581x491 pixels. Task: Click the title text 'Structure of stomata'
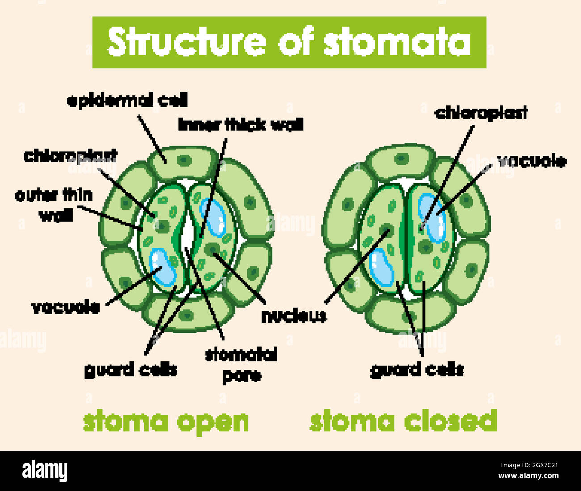[289, 42]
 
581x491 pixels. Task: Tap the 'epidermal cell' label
[127, 100]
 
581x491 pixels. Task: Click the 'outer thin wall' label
[54, 205]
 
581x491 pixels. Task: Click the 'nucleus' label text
[294, 316]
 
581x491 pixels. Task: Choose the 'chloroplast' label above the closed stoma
[481, 113]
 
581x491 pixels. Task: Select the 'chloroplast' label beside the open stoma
[70, 156]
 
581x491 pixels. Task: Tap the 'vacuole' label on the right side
[532, 161]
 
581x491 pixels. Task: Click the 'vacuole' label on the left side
[66, 307]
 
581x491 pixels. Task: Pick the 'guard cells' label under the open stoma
[131, 370]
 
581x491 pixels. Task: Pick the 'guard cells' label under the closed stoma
[417, 370]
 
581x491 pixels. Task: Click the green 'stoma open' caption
[166, 421]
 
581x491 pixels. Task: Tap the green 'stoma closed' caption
[403, 421]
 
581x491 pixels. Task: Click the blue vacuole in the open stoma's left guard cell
[162, 267]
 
